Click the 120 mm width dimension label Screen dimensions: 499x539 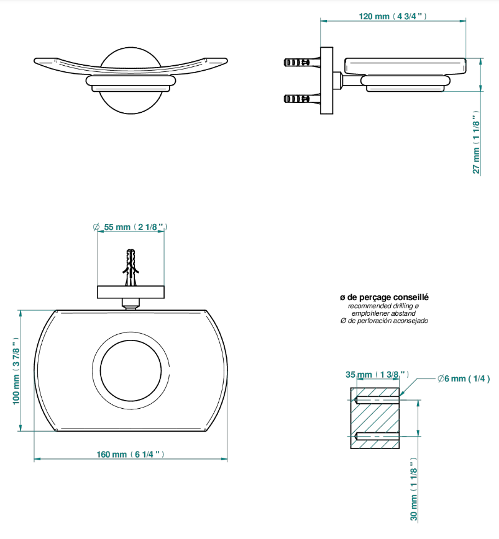(x=393, y=16)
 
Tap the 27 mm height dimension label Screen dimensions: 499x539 (x=476, y=142)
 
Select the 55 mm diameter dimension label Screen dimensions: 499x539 (x=130, y=227)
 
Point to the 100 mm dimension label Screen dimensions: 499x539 (x=16, y=371)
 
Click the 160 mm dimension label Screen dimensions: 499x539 (x=130, y=455)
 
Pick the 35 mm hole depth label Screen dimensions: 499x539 (x=377, y=375)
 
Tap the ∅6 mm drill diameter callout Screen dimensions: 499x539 (x=464, y=379)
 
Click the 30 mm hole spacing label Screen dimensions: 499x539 (x=414, y=489)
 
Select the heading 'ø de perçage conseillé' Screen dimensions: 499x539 (x=384, y=297)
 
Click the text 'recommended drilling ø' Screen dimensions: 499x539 (x=383, y=306)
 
